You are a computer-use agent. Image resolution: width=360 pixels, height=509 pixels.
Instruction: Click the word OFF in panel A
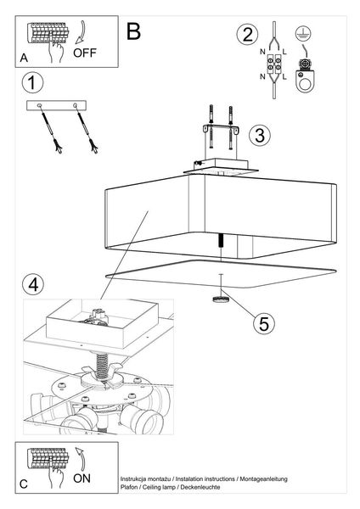coord(85,53)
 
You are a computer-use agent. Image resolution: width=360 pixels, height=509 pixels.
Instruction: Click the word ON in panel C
coord(82,478)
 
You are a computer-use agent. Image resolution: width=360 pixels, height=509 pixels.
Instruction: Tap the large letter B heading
coord(133,31)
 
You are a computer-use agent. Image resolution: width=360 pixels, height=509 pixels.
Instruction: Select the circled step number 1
coord(32,82)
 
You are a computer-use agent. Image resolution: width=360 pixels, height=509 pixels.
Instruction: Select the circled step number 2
coord(248,35)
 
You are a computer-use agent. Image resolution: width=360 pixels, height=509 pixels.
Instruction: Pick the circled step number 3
coord(260,136)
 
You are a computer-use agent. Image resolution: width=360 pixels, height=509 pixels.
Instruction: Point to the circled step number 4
coord(33,285)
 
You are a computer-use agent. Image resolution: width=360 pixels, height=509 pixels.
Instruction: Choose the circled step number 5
coord(264,323)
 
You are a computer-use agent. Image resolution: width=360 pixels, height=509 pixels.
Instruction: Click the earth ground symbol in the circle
coord(303,34)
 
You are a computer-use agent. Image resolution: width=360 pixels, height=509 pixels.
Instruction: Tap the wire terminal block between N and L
coord(273,64)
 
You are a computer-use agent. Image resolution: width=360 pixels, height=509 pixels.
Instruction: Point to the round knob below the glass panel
coord(221,299)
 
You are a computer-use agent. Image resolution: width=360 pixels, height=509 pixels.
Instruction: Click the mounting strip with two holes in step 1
coord(56,105)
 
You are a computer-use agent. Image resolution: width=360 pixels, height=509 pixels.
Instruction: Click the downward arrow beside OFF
coord(80,32)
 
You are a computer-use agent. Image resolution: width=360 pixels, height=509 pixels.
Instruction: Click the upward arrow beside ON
coord(81,459)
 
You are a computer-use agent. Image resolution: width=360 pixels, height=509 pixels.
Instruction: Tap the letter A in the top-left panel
coord(24,58)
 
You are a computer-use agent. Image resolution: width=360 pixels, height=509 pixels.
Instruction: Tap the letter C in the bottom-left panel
coord(24,484)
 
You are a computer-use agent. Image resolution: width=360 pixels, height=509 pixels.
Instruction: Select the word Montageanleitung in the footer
coord(263,478)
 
